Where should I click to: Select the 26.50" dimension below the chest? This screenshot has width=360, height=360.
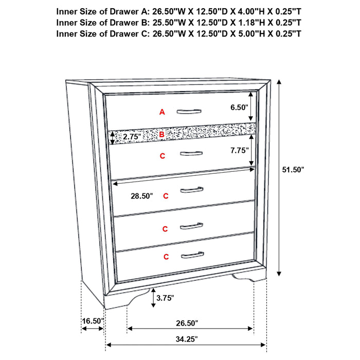(186, 323)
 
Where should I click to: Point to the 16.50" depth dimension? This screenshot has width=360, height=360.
(93, 321)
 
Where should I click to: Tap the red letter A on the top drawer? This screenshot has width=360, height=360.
(162, 112)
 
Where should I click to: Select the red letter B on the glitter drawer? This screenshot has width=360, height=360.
(161, 135)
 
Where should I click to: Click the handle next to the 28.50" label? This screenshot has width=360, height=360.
(193, 191)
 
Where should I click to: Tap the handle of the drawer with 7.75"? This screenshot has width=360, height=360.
(191, 152)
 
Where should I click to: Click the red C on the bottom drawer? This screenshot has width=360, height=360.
(166, 256)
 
